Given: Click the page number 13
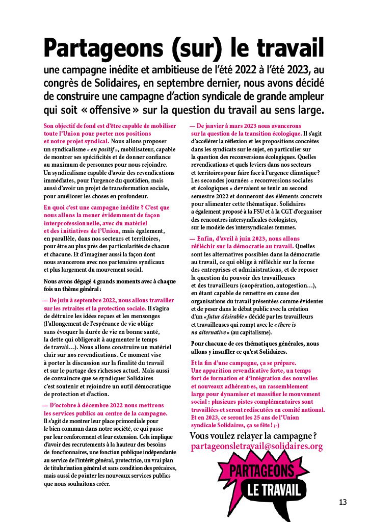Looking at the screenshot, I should (x=343, y=502).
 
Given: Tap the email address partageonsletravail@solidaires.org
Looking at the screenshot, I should (x=256, y=447).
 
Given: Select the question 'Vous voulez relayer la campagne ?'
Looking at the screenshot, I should (x=253, y=435).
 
